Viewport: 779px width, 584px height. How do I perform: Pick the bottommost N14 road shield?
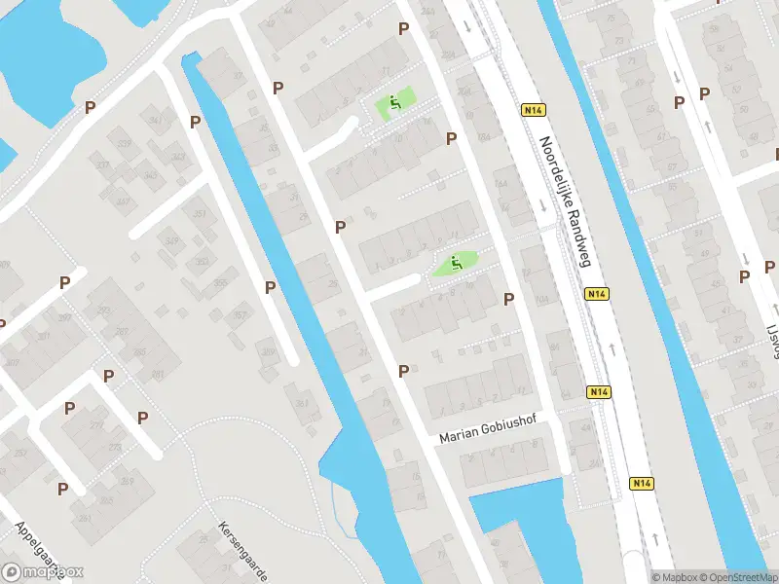click(641, 483)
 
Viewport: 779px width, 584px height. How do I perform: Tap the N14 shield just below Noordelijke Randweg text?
click(597, 293)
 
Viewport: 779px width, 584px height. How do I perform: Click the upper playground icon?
click(394, 102)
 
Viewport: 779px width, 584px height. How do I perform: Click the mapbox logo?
click(42, 572)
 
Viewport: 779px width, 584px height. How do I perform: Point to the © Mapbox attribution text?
click(671, 576)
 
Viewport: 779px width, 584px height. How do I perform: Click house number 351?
click(200, 215)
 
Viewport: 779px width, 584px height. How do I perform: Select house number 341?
click(156, 121)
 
